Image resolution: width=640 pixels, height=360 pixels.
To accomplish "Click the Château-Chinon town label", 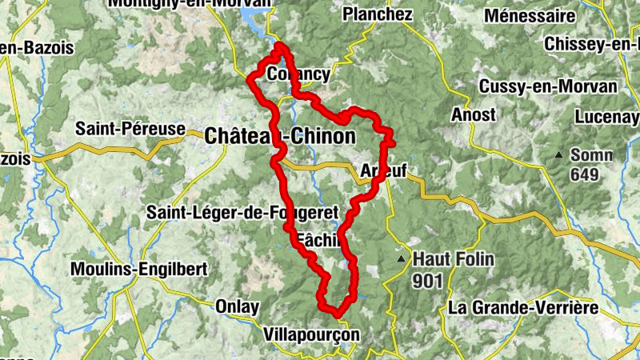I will pos(280,137).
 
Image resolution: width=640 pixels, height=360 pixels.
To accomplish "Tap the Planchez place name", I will pos(377,15).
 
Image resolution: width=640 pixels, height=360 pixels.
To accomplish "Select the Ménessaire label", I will pos(530,17).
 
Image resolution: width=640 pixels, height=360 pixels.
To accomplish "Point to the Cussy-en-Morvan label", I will pos(548,86).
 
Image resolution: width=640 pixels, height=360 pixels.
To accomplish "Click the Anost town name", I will pos(474,115).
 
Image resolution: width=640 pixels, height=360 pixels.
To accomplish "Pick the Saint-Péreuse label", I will pos(130,128).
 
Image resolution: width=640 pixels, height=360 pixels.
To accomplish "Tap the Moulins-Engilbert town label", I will pos(139,269).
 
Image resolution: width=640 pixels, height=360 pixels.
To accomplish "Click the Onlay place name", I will pos(238,306).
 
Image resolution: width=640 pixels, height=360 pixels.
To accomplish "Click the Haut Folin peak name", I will pos(454,259).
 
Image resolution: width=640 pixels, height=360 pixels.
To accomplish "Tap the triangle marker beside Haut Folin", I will pos(402,259).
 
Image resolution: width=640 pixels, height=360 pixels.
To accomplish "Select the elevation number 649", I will pos(585,174).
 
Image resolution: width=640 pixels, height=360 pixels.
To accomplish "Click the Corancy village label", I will pos(298,74).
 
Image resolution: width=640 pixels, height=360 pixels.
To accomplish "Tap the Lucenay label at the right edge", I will pos(606,116).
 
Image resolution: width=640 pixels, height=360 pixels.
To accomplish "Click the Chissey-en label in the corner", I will pos(590,45).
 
